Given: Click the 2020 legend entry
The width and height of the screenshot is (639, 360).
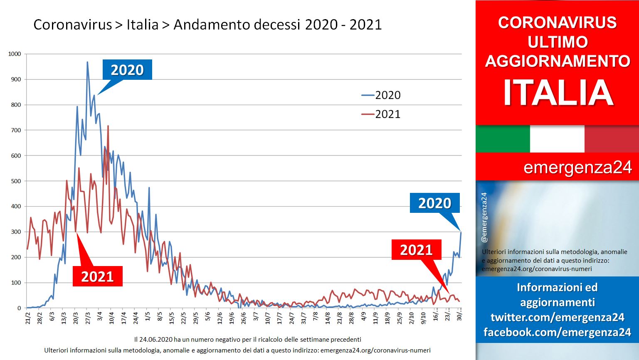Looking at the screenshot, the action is click(x=381, y=95).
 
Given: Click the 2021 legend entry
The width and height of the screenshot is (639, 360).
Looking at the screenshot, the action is click(x=381, y=114).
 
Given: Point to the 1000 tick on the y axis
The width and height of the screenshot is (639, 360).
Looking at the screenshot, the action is click(x=15, y=54).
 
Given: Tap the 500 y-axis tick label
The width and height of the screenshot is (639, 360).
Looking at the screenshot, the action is click(x=16, y=181).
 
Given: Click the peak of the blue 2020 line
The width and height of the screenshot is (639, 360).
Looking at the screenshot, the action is click(x=87, y=62).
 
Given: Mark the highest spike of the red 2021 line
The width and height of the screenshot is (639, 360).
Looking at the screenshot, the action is click(x=108, y=126).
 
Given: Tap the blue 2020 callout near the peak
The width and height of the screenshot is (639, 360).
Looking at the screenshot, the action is click(x=127, y=69).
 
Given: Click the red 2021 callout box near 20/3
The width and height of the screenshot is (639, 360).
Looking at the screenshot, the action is click(x=98, y=276).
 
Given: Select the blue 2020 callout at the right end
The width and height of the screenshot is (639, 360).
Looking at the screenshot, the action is click(x=435, y=203).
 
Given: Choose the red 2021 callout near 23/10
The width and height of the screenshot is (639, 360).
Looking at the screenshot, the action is click(x=417, y=249).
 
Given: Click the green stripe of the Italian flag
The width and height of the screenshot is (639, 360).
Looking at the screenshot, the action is click(x=503, y=138).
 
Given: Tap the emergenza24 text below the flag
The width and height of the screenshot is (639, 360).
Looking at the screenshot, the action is click(x=577, y=168).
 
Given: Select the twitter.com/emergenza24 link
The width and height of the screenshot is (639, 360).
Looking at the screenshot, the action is click(x=558, y=317).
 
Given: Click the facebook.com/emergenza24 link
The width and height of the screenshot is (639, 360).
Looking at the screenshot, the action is click(x=558, y=332).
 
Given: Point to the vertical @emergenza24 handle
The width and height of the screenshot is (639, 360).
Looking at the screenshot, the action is click(x=484, y=217).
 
